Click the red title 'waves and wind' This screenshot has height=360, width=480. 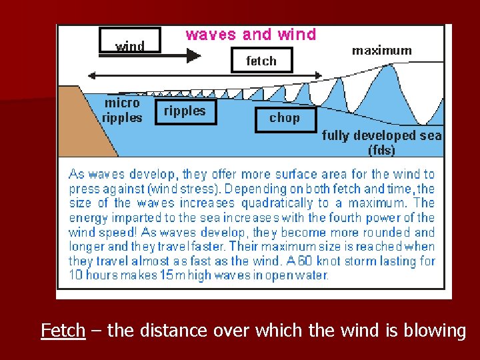pyautogui.click(x=251, y=35)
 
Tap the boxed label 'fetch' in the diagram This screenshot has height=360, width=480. pyautogui.click(x=261, y=61)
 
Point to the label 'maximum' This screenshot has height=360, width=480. pyautogui.click(x=381, y=50)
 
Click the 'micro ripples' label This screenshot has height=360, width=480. pyautogui.click(x=122, y=111)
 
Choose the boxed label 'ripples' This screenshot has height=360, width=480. pyautogui.click(x=185, y=111)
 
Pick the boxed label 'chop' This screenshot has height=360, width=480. pyautogui.click(x=285, y=118)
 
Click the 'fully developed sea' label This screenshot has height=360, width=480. pyautogui.click(x=381, y=135)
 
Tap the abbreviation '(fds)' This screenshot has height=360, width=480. pyautogui.click(x=381, y=150)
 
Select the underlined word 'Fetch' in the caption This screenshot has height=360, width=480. pyautogui.click(x=63, y=331)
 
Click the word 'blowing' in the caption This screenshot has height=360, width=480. pyautogui.click(x=434, y=331)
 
